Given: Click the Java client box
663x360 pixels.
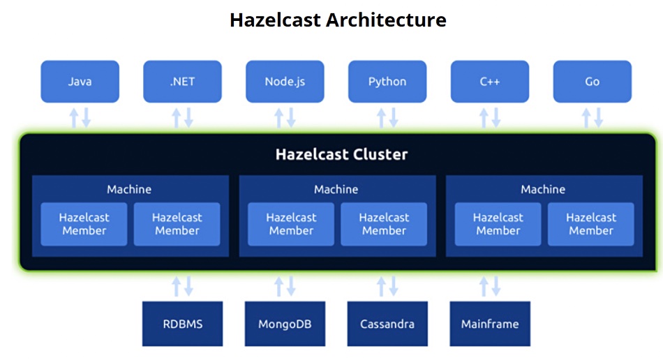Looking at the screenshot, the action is click(80, 82).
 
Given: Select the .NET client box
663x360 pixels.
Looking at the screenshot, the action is click(182, 82).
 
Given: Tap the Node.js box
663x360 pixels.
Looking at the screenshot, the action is click(285, 82).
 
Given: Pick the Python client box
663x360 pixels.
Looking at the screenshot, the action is click(387, 82).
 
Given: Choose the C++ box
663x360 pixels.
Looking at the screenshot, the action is click(490, 82).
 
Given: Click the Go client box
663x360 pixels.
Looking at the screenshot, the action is click(593, 82).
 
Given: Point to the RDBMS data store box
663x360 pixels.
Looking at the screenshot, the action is click(182, 324).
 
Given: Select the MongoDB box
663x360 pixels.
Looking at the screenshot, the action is click(285, 324).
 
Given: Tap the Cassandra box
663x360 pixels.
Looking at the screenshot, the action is click(387, 324).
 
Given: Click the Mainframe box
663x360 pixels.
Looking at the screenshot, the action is click(490, 324).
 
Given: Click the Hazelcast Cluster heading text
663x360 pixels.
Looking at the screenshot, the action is click(342, 154).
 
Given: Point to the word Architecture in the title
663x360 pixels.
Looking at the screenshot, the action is click(386, 20).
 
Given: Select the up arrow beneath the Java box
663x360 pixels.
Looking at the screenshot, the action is click(74, 118).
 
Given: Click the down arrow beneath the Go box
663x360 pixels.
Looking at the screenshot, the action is click(598, 118).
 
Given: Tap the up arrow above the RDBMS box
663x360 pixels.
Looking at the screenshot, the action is click(177, 286).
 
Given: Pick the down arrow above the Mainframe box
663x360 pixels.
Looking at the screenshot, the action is click(496, 286).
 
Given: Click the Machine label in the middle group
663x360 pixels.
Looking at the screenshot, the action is click(336, 189).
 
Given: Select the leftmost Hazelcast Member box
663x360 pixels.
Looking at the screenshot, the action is click(84, 224).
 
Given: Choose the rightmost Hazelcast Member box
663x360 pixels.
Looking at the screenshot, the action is click(591, 224).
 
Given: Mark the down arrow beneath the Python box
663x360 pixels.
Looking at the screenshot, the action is click(393, 118).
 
